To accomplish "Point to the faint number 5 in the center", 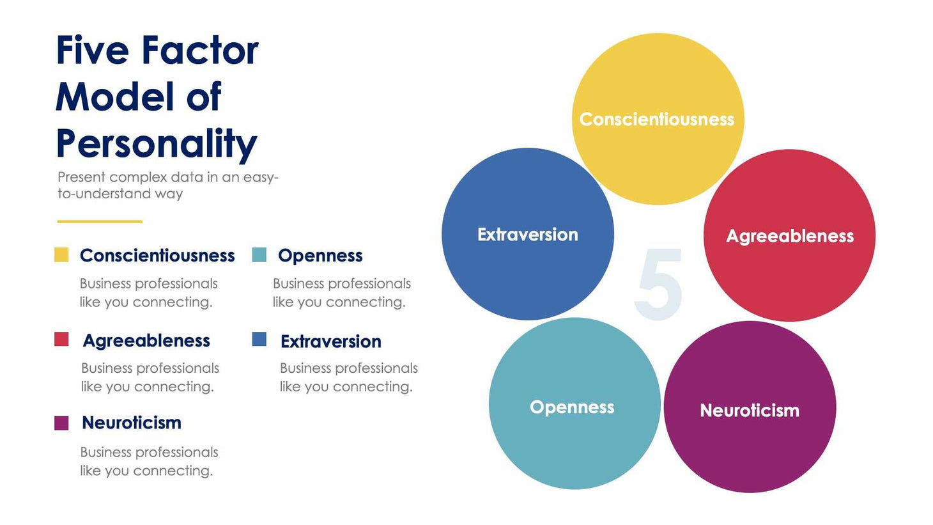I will coord(659,285).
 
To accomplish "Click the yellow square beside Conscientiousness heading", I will coord(61,255).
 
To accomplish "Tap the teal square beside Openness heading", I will coord(259,255).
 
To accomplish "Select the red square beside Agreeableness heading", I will coord(61,339).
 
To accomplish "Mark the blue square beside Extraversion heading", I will coord(259,339).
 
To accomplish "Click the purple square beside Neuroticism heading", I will coord(61,423).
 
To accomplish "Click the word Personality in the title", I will coord(156,143).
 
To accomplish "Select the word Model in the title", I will coord(114,97).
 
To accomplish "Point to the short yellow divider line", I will coord(100,221).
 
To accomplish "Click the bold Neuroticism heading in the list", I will coord(132,423).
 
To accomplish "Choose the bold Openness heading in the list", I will coord(320,256).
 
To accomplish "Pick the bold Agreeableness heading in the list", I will coord(146,341).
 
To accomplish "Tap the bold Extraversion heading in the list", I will coord(330,341).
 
